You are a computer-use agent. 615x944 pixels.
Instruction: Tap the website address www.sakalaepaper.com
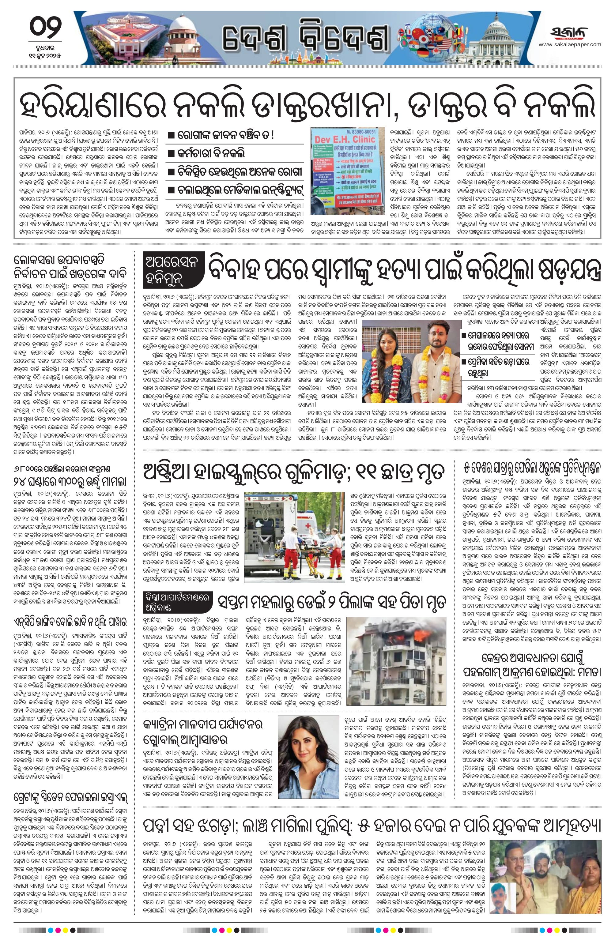click(575, 44)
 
